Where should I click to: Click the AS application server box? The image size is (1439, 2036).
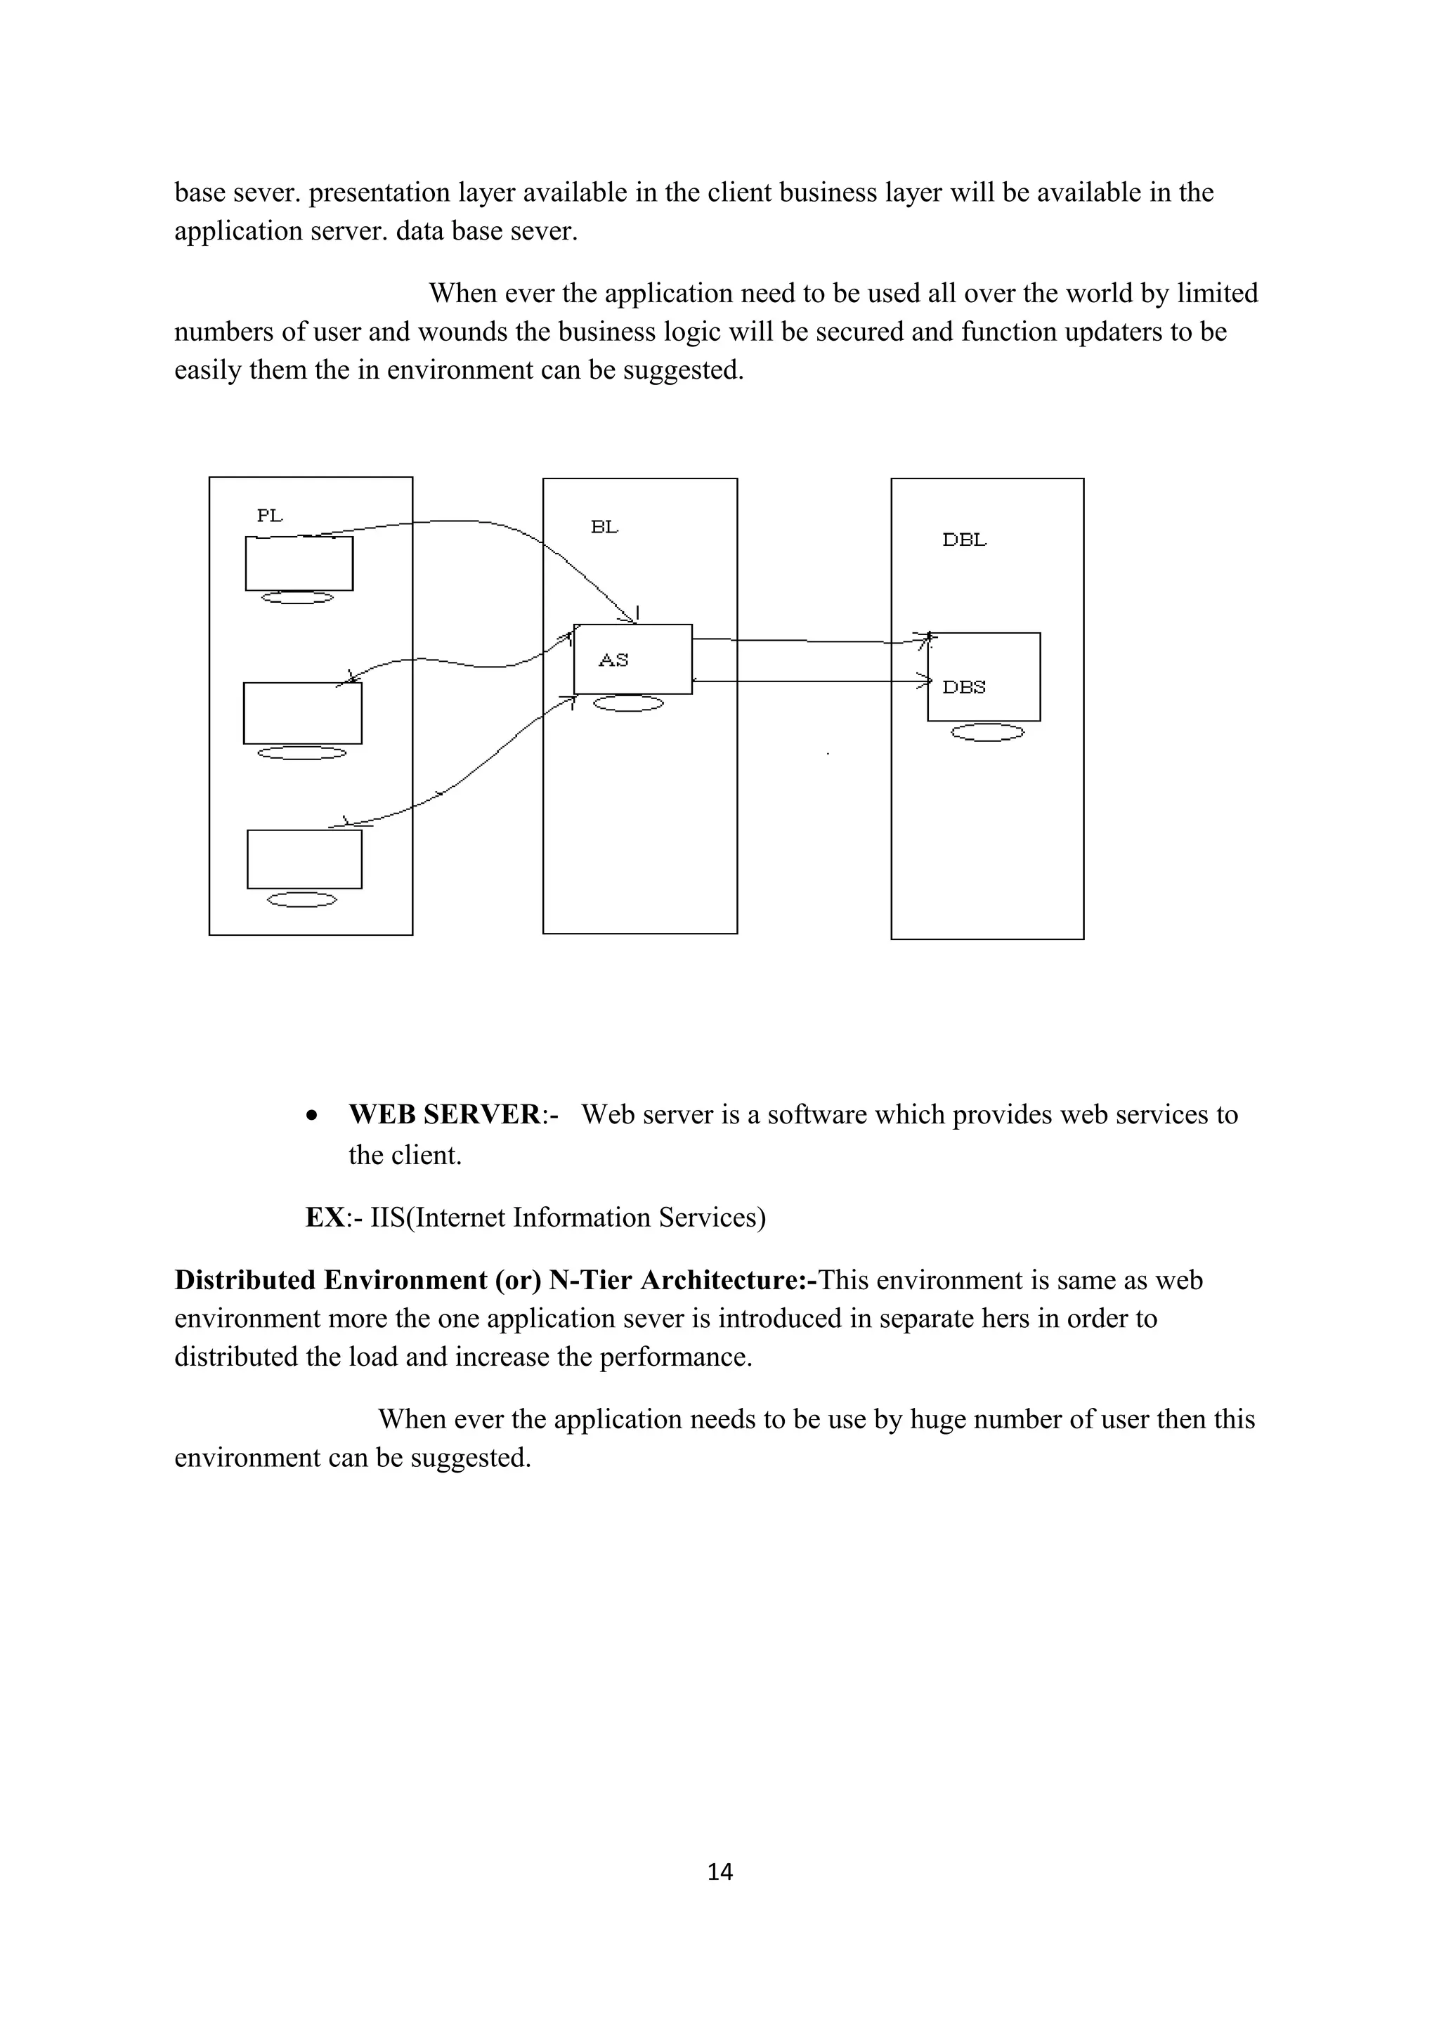point(632,659)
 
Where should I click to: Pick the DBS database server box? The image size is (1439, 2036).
point(983,677)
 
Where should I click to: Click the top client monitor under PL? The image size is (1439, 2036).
point(299,563)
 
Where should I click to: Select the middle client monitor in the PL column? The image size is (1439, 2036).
point(302,713)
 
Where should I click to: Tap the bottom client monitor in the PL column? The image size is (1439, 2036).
point(304,859)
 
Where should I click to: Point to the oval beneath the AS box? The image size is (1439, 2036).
point(627,704)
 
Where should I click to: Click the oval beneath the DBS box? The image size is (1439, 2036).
point(987,733)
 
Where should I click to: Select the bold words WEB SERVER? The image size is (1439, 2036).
point(443,1115)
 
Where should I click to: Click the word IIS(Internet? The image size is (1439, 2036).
point(437,1218)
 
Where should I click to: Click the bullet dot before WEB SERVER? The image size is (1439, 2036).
point(311,1116)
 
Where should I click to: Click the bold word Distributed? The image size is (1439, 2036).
point(244,1281)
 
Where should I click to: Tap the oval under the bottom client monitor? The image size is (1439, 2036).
point(302,900)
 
